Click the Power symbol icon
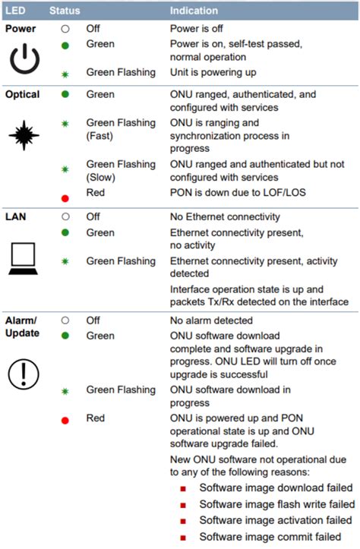tap(24, 67)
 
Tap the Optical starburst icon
tap(24, 135)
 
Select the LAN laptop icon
tap(23, 259)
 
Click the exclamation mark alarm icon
tap(24, 374)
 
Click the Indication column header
tap(194, 11)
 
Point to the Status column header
tap(65, 11)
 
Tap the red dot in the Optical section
tap(65, 198)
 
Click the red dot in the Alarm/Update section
tap(65, 420)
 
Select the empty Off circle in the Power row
tap(65, 29)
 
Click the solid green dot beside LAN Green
tap(65, 232)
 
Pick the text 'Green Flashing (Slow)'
tap(121, 171)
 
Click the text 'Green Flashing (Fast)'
tap(121, 129)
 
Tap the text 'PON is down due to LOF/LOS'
tap(238, 192)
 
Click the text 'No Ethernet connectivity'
tap(225, 216)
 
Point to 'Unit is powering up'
tap(213, 72)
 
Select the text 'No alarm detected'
tap(211, 320)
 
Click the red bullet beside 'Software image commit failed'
tap(183, 538)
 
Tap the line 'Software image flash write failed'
tap(277, 504)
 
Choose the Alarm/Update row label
tap(22, 327)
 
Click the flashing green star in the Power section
tap(65, 74)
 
